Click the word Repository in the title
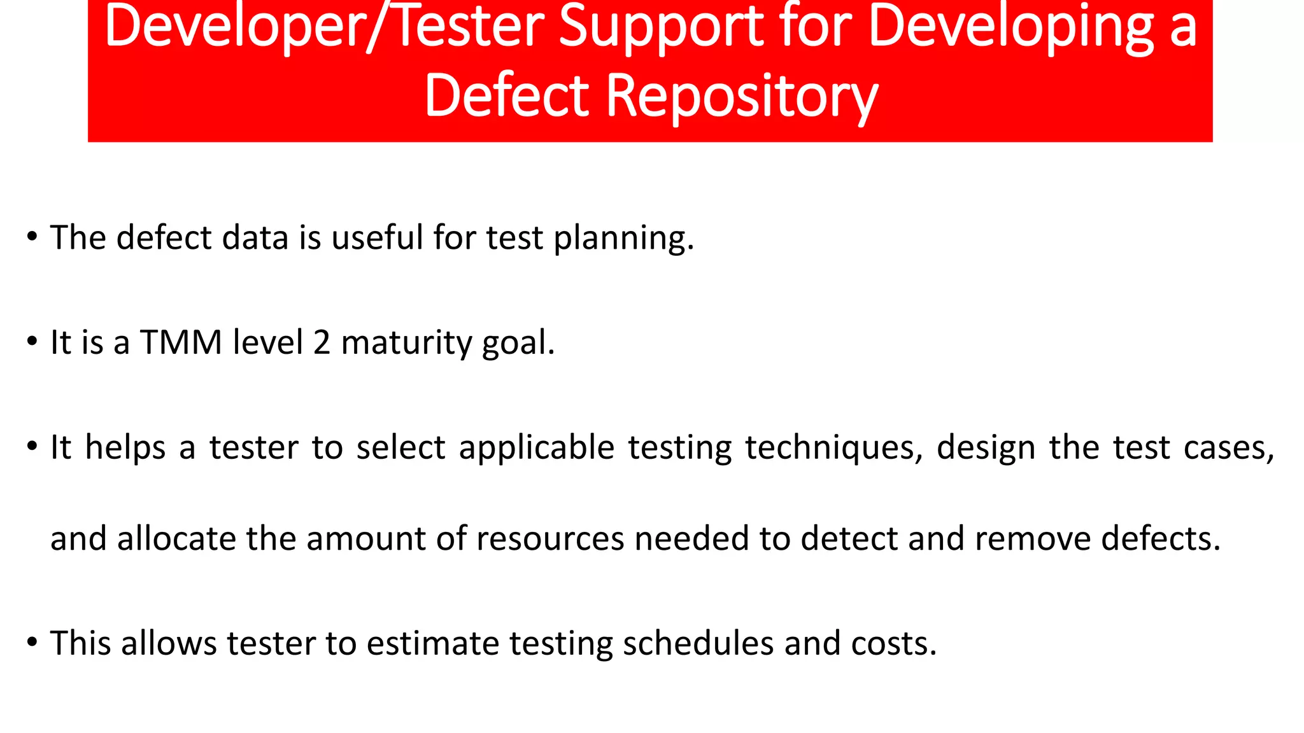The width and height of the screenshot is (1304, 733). point(742,97)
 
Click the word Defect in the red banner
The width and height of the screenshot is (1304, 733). point(507,97)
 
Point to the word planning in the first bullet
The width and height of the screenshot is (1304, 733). point(623,239)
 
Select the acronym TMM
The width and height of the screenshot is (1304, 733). point(180,342)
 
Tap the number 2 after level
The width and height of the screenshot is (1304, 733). point(322,342)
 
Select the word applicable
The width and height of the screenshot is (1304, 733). point(536,449)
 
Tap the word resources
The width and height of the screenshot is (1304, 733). point(549,539)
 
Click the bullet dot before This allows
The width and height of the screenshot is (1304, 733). point(32,643)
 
